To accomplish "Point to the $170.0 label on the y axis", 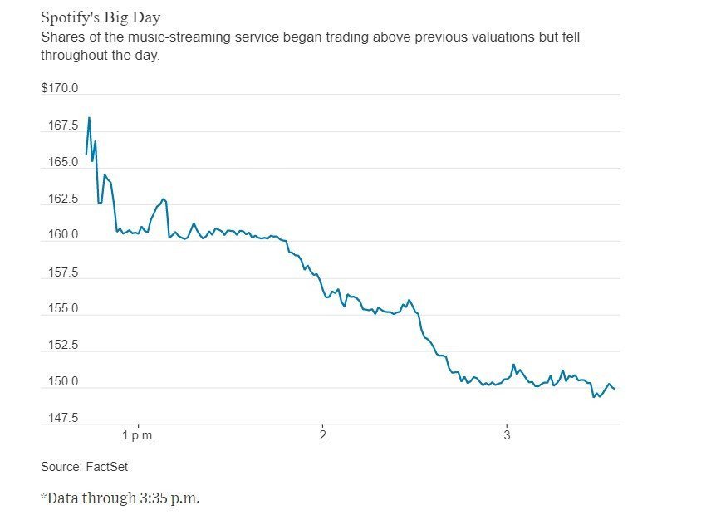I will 60,88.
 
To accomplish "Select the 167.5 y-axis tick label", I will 63,125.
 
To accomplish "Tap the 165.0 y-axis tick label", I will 63,162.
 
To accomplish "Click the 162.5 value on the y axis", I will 63,199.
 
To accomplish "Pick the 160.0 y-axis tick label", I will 63,235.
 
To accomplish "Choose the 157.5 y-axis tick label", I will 63,272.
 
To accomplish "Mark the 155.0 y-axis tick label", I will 63,308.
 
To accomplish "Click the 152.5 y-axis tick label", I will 63,345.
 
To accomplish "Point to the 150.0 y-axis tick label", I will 63,382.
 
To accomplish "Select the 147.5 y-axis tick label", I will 63,417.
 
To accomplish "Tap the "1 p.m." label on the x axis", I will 139,435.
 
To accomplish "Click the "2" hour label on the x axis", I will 322,435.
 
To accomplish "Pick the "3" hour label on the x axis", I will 507,435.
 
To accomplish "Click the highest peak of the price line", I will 89,118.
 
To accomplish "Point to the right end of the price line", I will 614,389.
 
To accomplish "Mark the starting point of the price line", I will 86,155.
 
